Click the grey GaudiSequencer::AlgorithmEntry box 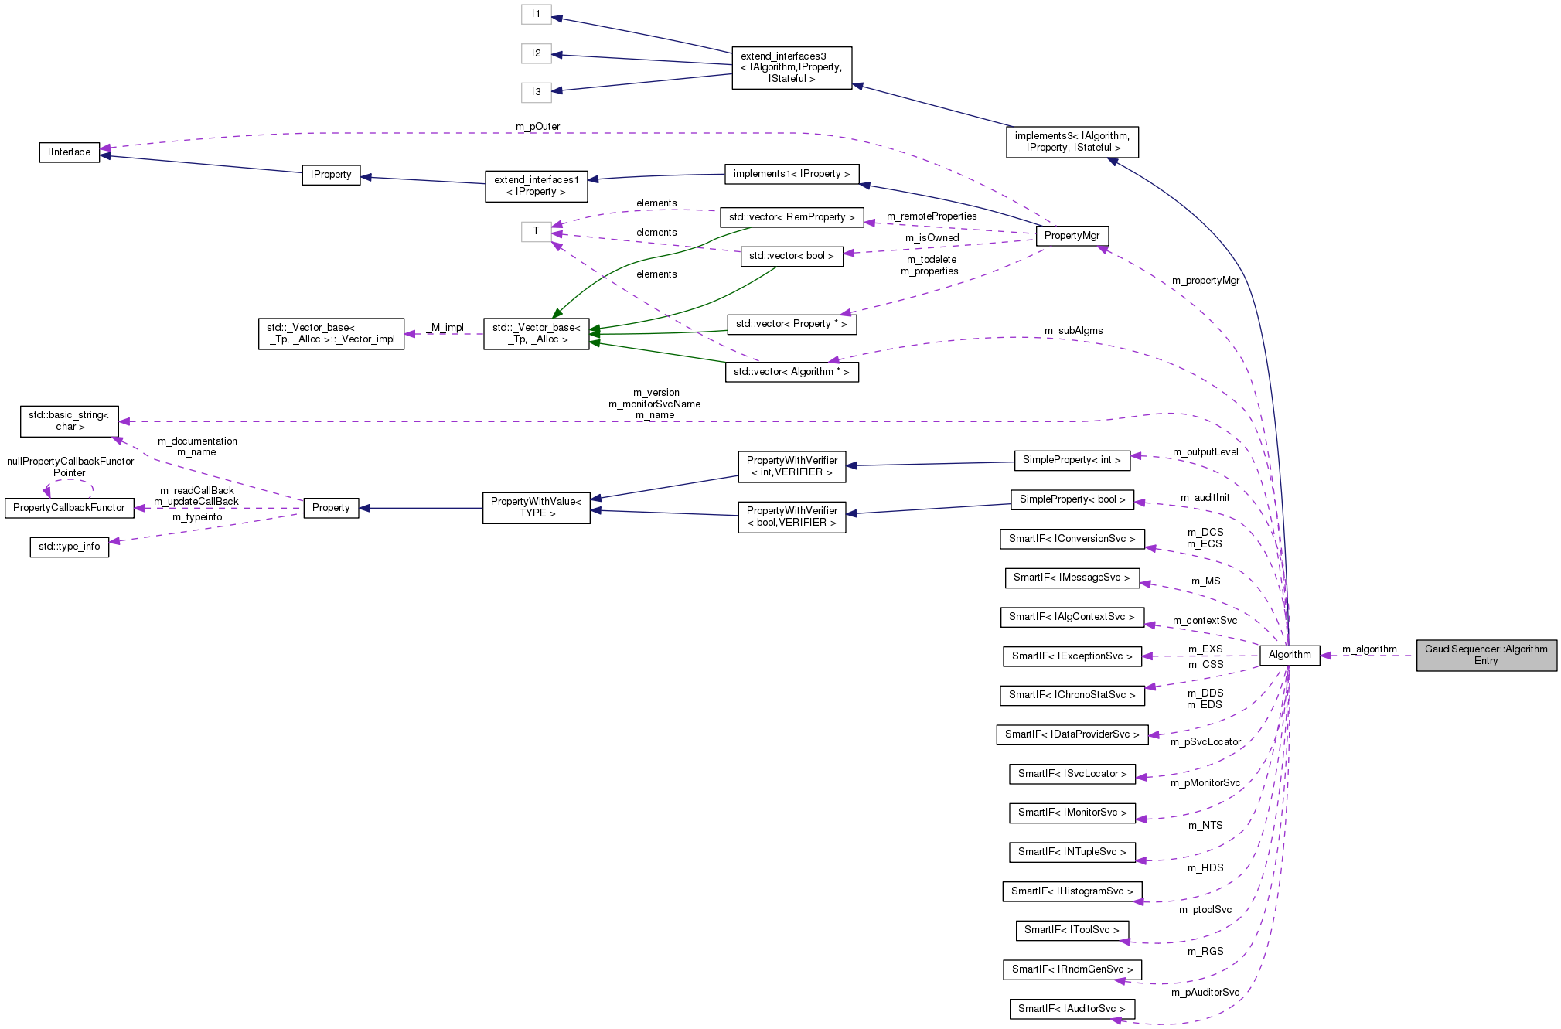(1485, 655)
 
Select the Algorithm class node (1289, 655)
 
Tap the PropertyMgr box (1072, 236)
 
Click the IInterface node (70, 152)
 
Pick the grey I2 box (536, 53)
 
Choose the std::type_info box (70, 547)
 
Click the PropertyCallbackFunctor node (69, 508)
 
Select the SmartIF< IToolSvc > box (1071, 930)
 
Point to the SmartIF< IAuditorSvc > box (1071, 1009)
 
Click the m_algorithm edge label (1368, 649)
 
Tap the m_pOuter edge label (537, 127)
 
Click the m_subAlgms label (1073, 331)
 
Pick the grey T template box (536, 231)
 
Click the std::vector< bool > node (791, 256)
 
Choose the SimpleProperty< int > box (1071, 460)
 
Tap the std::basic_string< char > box (70, 421)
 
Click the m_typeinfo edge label (197, 517)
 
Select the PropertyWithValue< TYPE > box (536, 508)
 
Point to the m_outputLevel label (1205, 452)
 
